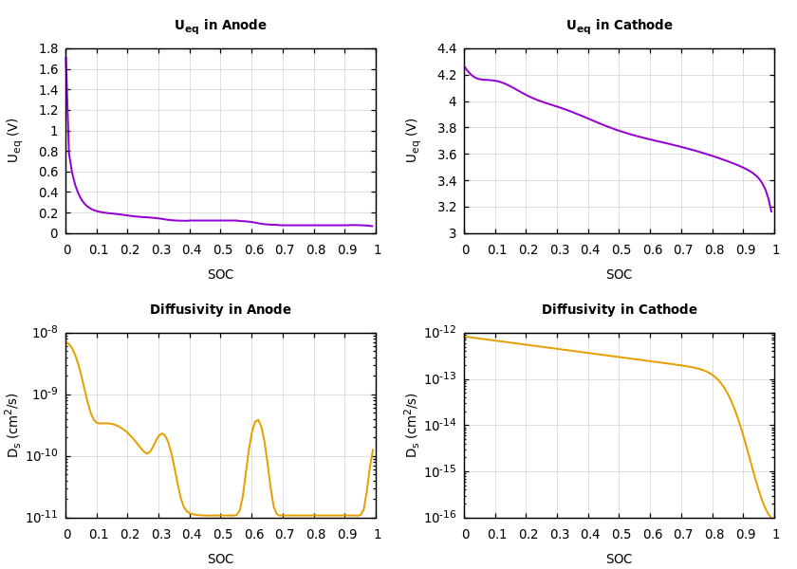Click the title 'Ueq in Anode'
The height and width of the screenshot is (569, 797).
(x=220, y=26)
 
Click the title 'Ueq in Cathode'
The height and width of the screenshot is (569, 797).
(x=619, y=26)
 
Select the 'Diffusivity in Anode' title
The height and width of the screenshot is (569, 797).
(x=220, y=310)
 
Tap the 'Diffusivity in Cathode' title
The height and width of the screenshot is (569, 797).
(x=619, y=310)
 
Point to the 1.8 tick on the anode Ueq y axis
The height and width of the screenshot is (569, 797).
(x=47, y=49)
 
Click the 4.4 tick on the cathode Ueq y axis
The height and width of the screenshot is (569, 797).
(x=446, y=49)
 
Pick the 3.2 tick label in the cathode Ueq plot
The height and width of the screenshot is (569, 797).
(x=446, y=207)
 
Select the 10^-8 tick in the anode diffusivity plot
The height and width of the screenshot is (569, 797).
(x=46, y=333)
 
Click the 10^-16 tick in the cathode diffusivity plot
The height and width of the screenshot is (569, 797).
(x=442, y=518)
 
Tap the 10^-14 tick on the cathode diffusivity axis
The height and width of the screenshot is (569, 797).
(x=442, y=425)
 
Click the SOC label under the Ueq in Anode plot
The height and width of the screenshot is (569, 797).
(x=220, y=275)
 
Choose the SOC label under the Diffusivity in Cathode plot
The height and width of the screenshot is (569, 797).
(x=619, y=560)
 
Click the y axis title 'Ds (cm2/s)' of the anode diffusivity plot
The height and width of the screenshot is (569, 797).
(x=13, y=425)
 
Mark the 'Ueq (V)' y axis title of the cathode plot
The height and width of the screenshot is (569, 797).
(x=412, y=140)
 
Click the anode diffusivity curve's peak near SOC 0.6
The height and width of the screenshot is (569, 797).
(x=257, y=420)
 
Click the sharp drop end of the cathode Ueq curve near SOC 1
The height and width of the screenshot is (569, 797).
(x=770, y=211)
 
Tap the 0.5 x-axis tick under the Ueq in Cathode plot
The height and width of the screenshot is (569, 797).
(x=621, y=250)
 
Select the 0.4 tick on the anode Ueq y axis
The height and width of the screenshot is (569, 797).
(x=47, y=193)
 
